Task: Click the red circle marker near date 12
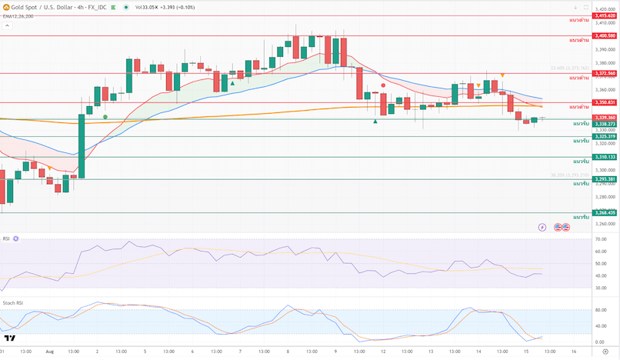383,86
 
